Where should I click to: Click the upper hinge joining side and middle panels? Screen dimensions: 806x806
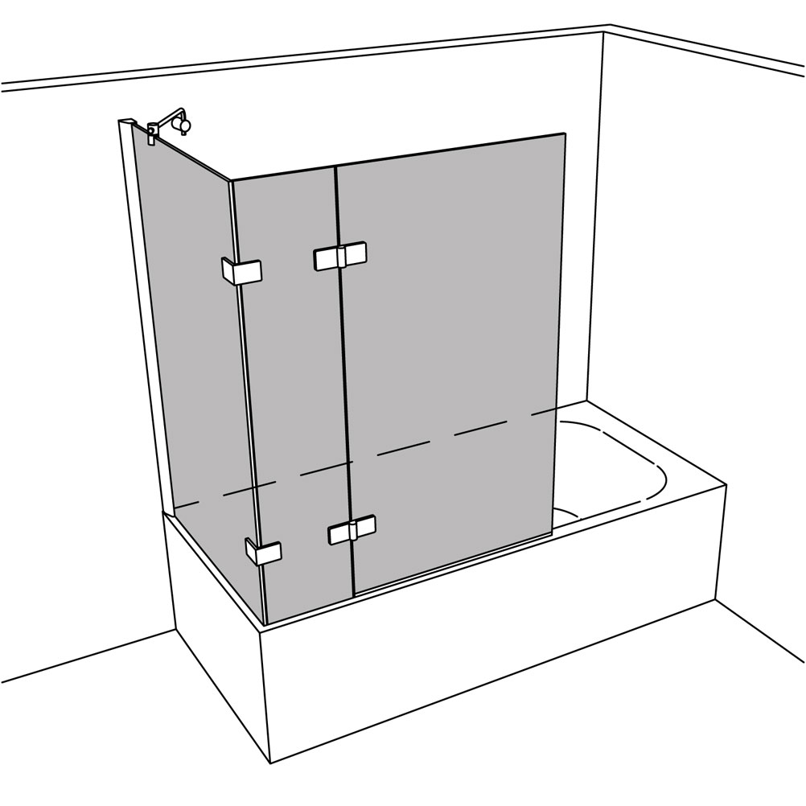(x=241, y=271)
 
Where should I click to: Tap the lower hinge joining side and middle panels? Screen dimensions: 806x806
(x=263, y=551)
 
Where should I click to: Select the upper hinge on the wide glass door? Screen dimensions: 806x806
(x=339, y=256)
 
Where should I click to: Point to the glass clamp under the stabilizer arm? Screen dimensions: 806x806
(x=151, y=132)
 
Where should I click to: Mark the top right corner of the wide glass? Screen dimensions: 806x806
(x=562, y=134)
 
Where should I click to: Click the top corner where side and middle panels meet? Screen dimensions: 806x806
(x=232, y=181)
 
